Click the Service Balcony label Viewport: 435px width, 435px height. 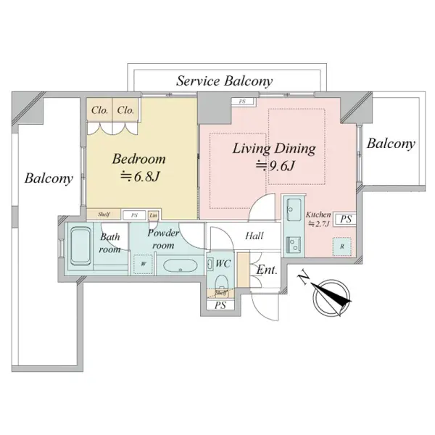click(x=225, y=81)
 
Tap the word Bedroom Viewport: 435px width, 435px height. click(x=138, y=159)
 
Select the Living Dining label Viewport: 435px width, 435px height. click(x=273, y=149)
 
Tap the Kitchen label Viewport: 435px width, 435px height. click(x=318, y=215)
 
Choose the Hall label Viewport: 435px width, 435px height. click(x=254, y=236)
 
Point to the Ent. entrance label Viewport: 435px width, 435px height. click(x=268, y=270)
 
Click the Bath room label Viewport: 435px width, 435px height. click(x=109, y=243)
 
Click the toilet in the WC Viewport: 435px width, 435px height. click(x=222, y=282)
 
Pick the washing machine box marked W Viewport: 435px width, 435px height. click(x=144, y=264)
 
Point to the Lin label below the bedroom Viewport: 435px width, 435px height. click(x=153, y=215)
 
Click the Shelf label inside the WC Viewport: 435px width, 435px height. click(x=220, y=293)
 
